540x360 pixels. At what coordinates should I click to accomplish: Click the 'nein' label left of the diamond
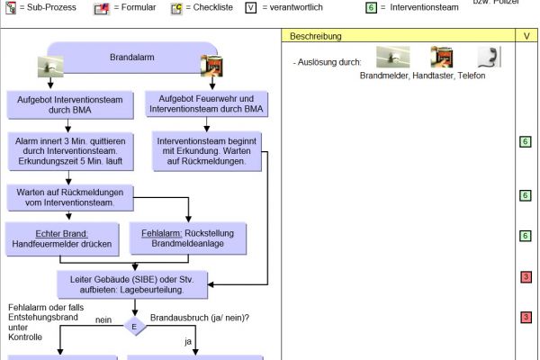(x=103, y=318)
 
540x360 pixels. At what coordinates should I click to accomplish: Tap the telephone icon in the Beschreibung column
(x=487, y=58)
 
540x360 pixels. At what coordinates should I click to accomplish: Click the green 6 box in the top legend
(x=370, y=7)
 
